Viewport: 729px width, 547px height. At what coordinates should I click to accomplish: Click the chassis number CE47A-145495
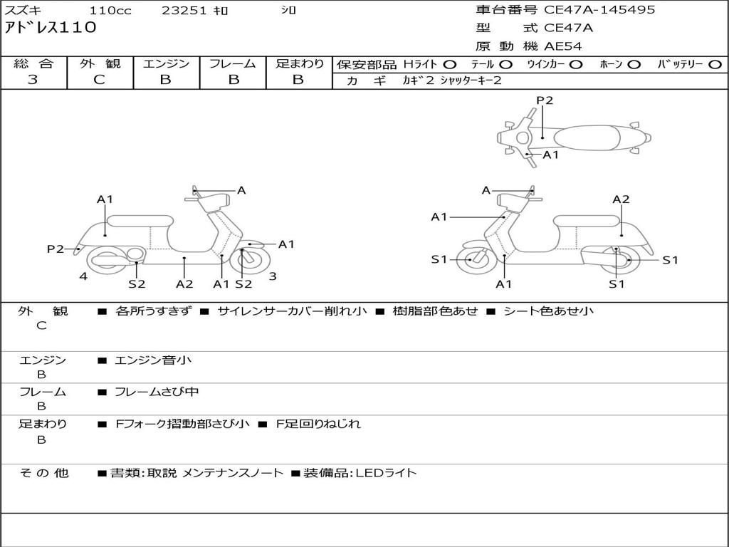599,10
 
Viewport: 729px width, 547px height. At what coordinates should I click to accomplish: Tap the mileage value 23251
184,11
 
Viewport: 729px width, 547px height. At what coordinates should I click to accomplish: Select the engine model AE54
563,46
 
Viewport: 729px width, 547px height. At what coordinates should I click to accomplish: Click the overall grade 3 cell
33,80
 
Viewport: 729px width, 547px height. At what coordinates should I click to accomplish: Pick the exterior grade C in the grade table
99,80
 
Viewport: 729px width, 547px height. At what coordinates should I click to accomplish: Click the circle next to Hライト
450,64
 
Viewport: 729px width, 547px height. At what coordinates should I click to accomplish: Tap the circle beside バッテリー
715,64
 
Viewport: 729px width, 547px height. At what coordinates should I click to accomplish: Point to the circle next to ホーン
634,64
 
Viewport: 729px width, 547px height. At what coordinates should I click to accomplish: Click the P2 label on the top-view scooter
545,100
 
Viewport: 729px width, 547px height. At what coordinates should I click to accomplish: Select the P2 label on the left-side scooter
56,249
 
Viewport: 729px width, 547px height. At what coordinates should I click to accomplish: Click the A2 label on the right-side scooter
621,199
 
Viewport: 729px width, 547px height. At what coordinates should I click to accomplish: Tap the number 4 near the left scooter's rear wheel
83,276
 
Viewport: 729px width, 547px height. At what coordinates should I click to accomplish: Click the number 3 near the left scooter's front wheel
272,276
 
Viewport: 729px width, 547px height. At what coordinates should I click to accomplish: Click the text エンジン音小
153,360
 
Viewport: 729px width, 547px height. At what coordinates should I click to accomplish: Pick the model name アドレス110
51,28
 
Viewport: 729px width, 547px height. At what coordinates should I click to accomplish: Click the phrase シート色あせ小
548,311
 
